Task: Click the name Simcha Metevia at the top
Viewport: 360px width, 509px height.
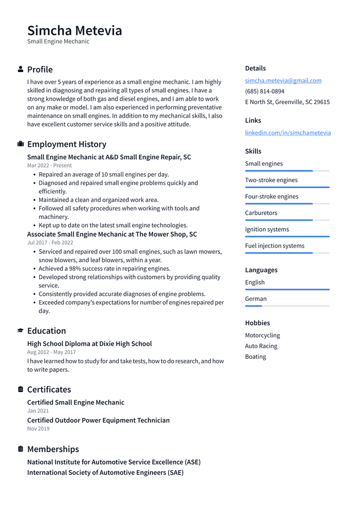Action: coord(74,30)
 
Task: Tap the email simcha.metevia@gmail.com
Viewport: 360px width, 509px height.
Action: coord(283,80)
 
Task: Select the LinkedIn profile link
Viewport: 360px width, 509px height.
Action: coord(287,133)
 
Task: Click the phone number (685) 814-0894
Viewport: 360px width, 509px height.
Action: coord(264,91)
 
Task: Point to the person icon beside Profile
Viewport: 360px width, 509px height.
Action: coord(21,69)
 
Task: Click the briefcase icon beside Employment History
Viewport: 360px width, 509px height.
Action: coord(21,144)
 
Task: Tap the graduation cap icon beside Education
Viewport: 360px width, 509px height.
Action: coord(21,331)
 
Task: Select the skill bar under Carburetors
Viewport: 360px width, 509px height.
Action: coord(287,220)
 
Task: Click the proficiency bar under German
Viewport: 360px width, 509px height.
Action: coord(287,306)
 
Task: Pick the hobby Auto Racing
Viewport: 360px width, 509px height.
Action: coord(261,346)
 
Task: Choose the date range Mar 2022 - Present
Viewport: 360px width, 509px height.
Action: coord(49,165)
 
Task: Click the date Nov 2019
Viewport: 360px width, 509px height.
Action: coord(38,429)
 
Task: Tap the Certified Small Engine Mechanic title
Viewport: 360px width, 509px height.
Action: coord(75,402)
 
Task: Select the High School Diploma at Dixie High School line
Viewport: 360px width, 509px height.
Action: coord(89,344)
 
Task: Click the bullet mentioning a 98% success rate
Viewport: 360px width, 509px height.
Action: coord(104,269)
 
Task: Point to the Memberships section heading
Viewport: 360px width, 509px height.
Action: coord(53,449)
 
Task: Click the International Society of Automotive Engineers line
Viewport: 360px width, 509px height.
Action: coord(105,472)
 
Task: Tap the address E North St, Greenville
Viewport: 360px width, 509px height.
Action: coord(287,102)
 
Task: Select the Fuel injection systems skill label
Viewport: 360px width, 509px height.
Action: coord(275,246)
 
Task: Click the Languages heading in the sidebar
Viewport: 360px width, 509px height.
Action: coord(261,270)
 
